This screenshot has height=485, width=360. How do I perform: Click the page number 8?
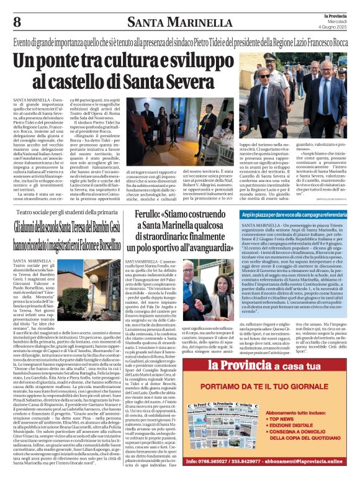[x=17, y=22]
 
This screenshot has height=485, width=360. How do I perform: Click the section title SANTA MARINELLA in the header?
[x=179, y=24]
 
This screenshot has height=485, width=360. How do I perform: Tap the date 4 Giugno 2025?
[x=333, y=28]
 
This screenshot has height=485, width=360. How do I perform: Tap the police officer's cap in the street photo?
[x=270, y=57]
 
